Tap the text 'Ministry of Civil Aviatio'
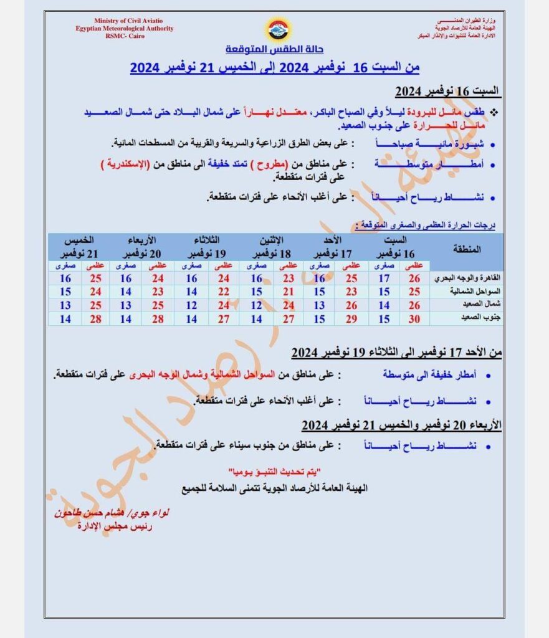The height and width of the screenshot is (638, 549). point(124,21)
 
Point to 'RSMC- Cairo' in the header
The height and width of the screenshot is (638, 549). point(124,36)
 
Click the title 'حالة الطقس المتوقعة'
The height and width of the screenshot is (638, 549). point(275,49)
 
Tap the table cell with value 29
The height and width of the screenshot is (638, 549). point(350,318)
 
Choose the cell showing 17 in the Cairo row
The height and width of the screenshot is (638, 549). point(384,278)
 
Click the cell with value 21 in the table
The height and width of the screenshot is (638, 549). point(287,292)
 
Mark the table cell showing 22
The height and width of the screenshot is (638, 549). point(223,292)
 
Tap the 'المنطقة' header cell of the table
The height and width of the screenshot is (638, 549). point(469,249)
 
